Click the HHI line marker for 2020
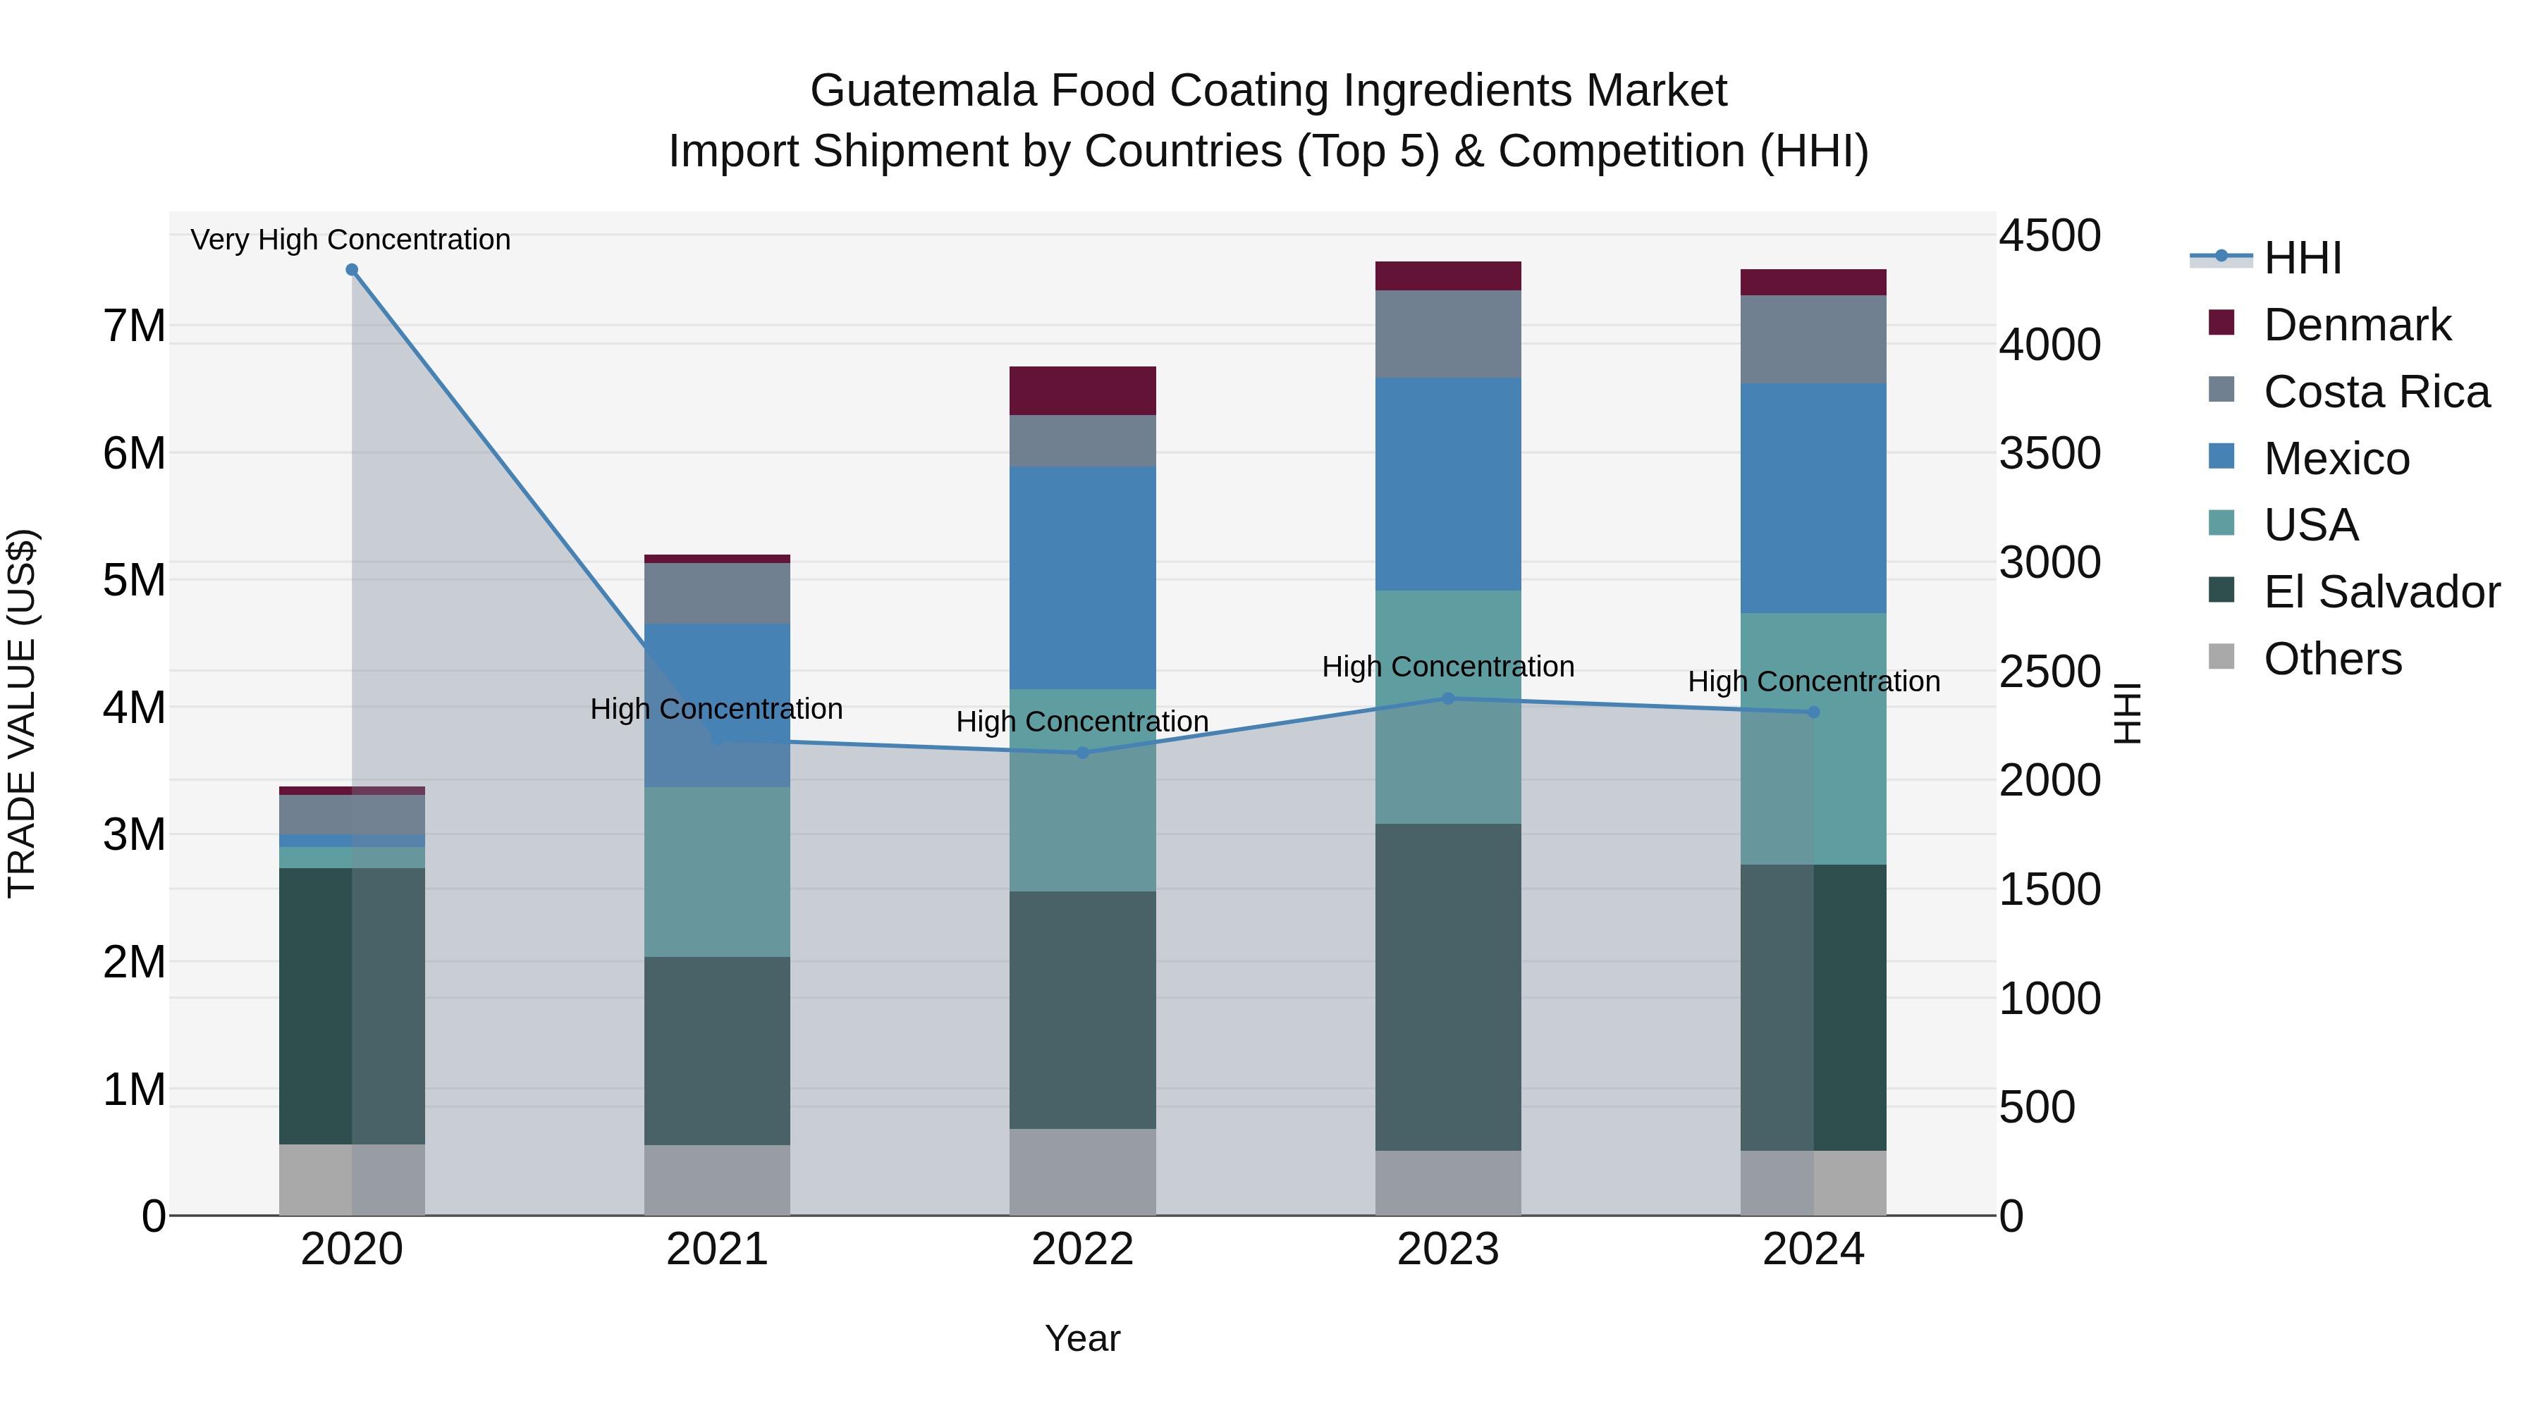point(352,270)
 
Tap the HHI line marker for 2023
point(1448,698)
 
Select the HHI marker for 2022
point(1081,753)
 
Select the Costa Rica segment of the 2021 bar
point(717,593)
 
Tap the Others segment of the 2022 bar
point(1081,1172)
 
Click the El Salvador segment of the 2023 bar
point(1448,987)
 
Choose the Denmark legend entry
point(2355,325)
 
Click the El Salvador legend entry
point(2380,592)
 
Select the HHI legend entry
point(2302,258)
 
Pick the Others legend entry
point(2331,659)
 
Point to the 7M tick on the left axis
point(135,326)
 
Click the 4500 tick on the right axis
point(2049,236)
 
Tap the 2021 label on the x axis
point(717,1249)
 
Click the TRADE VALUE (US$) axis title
point(22,713)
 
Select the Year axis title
point(1081,1338)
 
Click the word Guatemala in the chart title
point(923,91)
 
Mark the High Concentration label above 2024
point(1813,681)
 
